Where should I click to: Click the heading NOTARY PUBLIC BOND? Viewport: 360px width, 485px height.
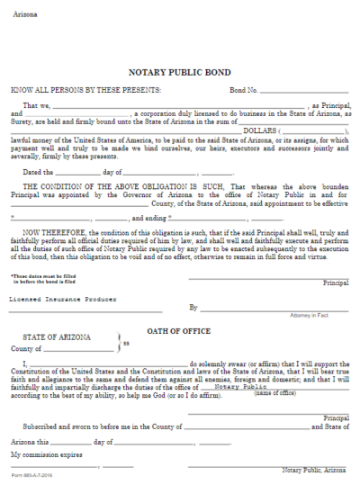[180, 71]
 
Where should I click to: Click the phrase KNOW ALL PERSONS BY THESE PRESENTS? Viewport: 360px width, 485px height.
[86, 91]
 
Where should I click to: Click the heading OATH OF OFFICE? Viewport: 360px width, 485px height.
[177, 331]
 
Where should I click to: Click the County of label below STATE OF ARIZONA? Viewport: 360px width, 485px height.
[27, 347]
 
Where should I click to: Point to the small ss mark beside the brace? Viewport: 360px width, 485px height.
[127, 343]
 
